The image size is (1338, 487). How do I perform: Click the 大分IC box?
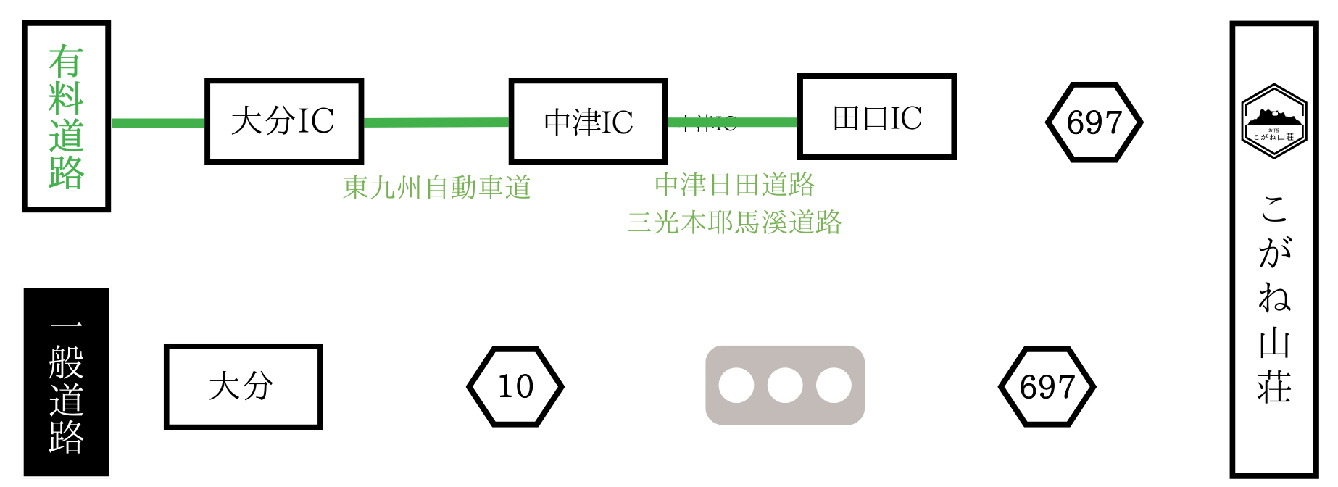283,121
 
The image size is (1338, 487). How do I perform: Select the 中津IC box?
588,121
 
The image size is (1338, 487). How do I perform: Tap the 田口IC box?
877,117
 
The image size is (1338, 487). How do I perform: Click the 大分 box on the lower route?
243,386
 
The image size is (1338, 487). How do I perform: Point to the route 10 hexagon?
515,386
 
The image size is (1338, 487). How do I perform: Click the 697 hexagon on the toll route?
1094,122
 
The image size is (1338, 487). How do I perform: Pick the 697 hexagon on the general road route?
1047,386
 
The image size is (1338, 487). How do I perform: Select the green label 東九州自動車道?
436,187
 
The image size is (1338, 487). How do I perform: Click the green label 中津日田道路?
734,185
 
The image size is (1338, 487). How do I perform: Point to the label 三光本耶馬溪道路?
734,222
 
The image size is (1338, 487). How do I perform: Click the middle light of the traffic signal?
785,386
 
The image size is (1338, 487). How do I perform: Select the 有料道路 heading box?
66,116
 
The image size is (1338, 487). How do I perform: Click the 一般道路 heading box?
66,383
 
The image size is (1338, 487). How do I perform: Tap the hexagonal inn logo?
1273,122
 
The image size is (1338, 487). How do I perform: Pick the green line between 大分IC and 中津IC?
436,122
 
